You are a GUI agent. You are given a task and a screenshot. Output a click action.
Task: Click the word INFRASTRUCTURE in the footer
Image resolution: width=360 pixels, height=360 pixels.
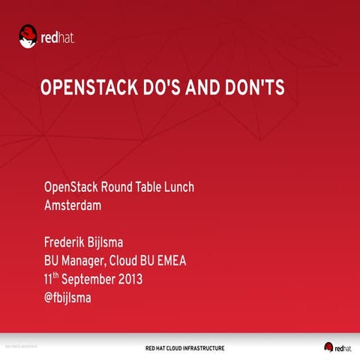tap(198, 348)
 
